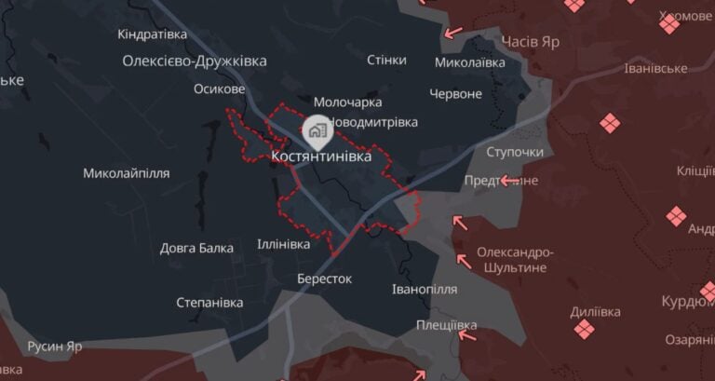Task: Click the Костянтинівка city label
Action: click(321, 157)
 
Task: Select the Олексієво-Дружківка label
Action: click(195, 61)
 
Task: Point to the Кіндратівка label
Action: click(153, 34)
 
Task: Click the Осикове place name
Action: click(220, 89)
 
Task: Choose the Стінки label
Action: click(386, 60)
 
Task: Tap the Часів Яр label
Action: click(531, 41)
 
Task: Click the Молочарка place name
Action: click(347, 102)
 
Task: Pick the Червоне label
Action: click(456, 94)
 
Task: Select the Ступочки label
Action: click(515, 152)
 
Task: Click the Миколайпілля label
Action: click(127, 173)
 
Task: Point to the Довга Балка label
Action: click(196, 248)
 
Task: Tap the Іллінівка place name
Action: click(284, 245)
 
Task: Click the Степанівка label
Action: click(209, 303)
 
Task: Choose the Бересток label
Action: click(324, 279)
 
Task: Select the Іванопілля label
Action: click(425, 289)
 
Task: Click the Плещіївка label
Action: click(447, 325)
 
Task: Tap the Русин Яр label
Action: click(55, 347)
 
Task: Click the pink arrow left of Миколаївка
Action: click(452, 33)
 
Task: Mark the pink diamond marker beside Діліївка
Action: click(584, 329)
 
